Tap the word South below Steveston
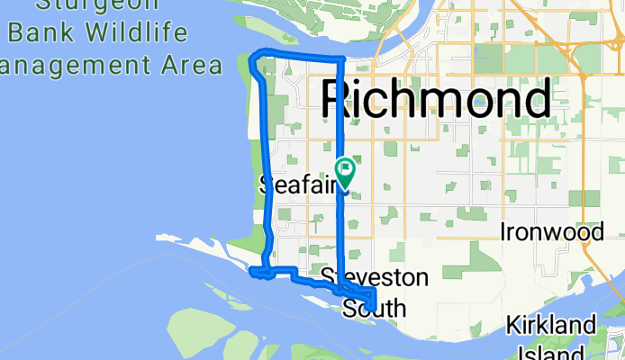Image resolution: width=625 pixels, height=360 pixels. pos(375,309)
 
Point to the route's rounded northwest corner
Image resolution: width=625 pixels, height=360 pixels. pos(253,60)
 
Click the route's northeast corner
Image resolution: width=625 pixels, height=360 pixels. pos(340,59)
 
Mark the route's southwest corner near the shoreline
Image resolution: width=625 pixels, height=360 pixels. pos(255,270)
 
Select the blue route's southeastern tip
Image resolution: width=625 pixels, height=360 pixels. pos(373,306)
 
